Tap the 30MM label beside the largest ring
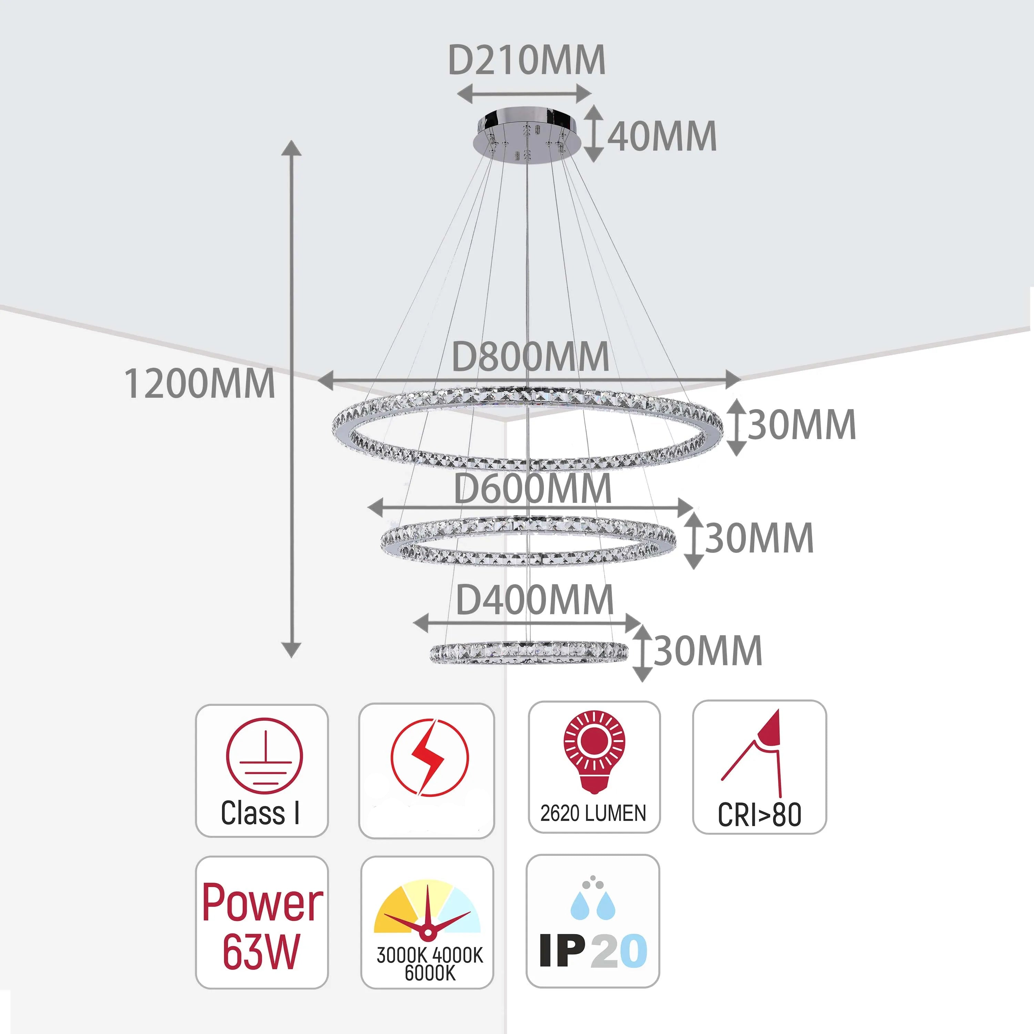(801, 425)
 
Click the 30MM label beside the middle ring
(759, 538)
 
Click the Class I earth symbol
(264, 756)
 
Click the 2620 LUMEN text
(593, 813)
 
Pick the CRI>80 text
(759, 814)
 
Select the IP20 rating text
(593, 951)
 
